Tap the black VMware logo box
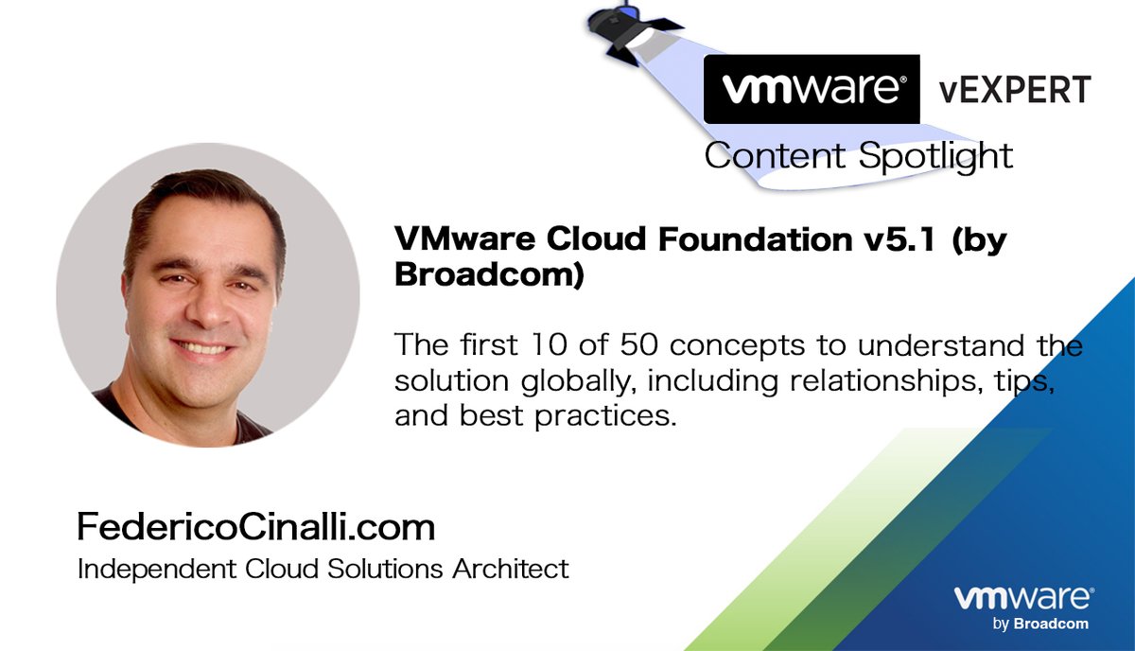click(812, 89)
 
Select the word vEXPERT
click(1014, 90)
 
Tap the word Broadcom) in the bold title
click(489, 276)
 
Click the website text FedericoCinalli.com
click(255, 526)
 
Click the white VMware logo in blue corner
click(1023, 600)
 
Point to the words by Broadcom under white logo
click(1040, 624)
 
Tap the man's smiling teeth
click(201, 347)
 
